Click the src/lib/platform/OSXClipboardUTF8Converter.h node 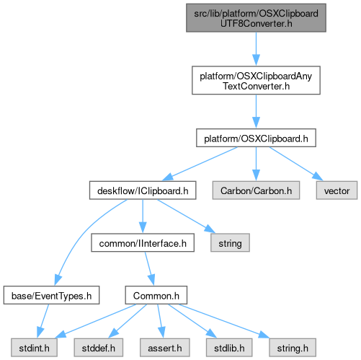pos(256,18)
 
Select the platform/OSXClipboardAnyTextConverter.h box pos(256,80)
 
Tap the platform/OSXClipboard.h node pos(256,138)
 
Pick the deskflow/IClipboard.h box pos(143,190)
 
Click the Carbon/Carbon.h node pos(256,190)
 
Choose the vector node pos(337,190)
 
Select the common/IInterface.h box pos(143,243)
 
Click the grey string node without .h pos(230,243)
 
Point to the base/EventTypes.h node pos(51,295)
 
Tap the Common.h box pos(156,295)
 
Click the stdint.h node pos(34,348)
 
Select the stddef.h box pos(99,348)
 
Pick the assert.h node pos(165,348)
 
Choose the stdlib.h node pos(229,348)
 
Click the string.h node pos(293,348)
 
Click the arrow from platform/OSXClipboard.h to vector pos(296,163)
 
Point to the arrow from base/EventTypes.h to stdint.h pos(43,321)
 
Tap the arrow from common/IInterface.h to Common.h pos(149,268)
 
